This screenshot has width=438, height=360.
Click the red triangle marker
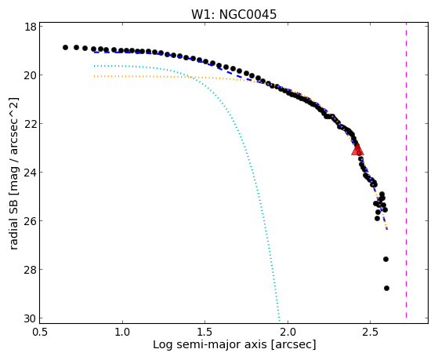pos(357,149)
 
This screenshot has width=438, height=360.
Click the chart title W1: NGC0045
pos(233,14)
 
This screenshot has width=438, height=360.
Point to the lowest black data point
pos(386,288)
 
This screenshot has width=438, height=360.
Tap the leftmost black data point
pos(65,47)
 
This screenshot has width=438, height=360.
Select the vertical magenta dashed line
pos(406,170)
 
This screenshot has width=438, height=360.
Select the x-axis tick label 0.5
pos(40,333)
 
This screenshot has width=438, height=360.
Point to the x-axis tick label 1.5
pos(205,333)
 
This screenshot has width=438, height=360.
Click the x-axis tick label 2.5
pos(370,333)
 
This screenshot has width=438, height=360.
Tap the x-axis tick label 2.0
pos(288,333)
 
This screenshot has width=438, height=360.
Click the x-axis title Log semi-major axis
pos(210,345)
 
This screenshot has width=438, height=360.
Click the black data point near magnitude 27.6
pos(386,260)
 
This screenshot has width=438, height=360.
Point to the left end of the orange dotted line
pos(94,76)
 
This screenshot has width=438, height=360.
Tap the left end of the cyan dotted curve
pos(94,66)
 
